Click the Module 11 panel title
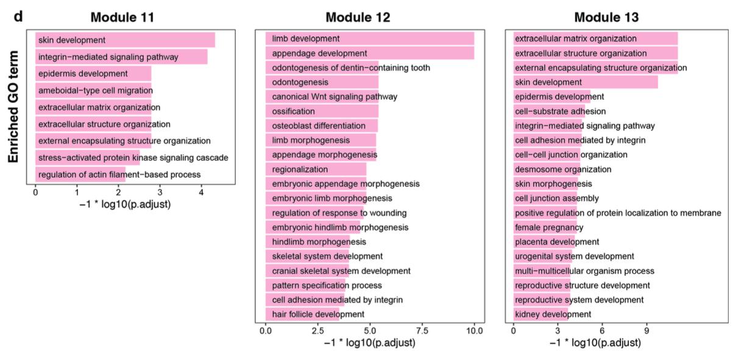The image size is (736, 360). (x=122, y=17)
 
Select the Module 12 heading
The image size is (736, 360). (x=366, y=17)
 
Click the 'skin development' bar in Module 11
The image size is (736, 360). (x=125, y=40)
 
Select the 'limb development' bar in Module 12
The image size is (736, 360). (x=370, y=38)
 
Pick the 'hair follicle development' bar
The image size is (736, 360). (x=303, y=314)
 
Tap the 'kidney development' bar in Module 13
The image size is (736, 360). (x=540, y=314)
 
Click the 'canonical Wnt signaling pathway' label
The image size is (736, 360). (x=334, y=96)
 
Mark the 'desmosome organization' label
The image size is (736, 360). (x=563, y=169)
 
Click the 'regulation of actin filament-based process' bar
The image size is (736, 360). (x=80, y=175)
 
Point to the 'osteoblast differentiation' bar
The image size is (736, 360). (x=322, y=125)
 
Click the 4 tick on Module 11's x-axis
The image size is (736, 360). (x=201, y=193)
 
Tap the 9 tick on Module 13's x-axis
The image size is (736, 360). (x=647, y=330)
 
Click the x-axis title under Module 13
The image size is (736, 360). (x=595, y=343)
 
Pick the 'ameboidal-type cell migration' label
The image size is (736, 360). (x=95, y=90)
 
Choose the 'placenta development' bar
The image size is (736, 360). (x=543, y=242)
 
